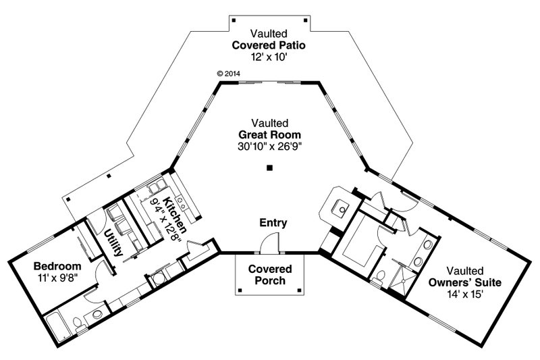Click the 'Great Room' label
270,135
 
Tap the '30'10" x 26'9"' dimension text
270,147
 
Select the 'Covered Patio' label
269,45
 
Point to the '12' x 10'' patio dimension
269,57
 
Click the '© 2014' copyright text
229,73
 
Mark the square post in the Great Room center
269,168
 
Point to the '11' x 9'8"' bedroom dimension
58,277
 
